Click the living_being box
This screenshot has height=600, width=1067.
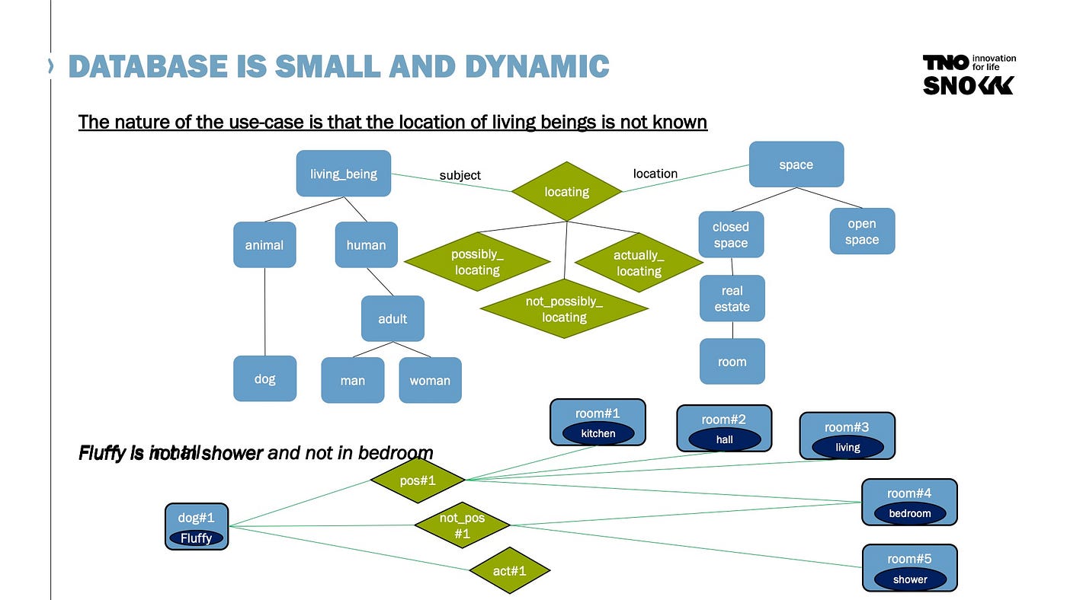click(343, 174)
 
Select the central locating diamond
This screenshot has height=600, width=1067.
click(566, 192)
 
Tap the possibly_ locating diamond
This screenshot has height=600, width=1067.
click(477, 262)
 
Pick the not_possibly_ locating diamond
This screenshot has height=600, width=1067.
click(564, 309)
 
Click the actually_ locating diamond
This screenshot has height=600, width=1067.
click(639, 263)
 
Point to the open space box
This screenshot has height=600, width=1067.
click(862, 231)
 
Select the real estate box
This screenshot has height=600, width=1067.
click(732, 298)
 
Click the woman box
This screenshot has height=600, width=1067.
click(430, 380)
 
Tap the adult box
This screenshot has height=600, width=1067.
click(393, 318)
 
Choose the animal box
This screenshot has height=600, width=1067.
click(264, 244)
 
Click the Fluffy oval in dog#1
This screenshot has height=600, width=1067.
click(196, 538)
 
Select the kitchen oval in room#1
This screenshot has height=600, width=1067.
click(598, 433)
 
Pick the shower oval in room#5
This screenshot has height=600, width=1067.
click(910, 579)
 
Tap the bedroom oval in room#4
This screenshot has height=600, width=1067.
click(909, 513)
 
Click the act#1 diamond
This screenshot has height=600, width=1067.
click(510, 570)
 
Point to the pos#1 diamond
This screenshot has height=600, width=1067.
click(418, 480)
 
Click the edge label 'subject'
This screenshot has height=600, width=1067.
click(460, 175)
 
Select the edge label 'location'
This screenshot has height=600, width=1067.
click(655, 174)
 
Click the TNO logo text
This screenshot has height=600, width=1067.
click(945, 62)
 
